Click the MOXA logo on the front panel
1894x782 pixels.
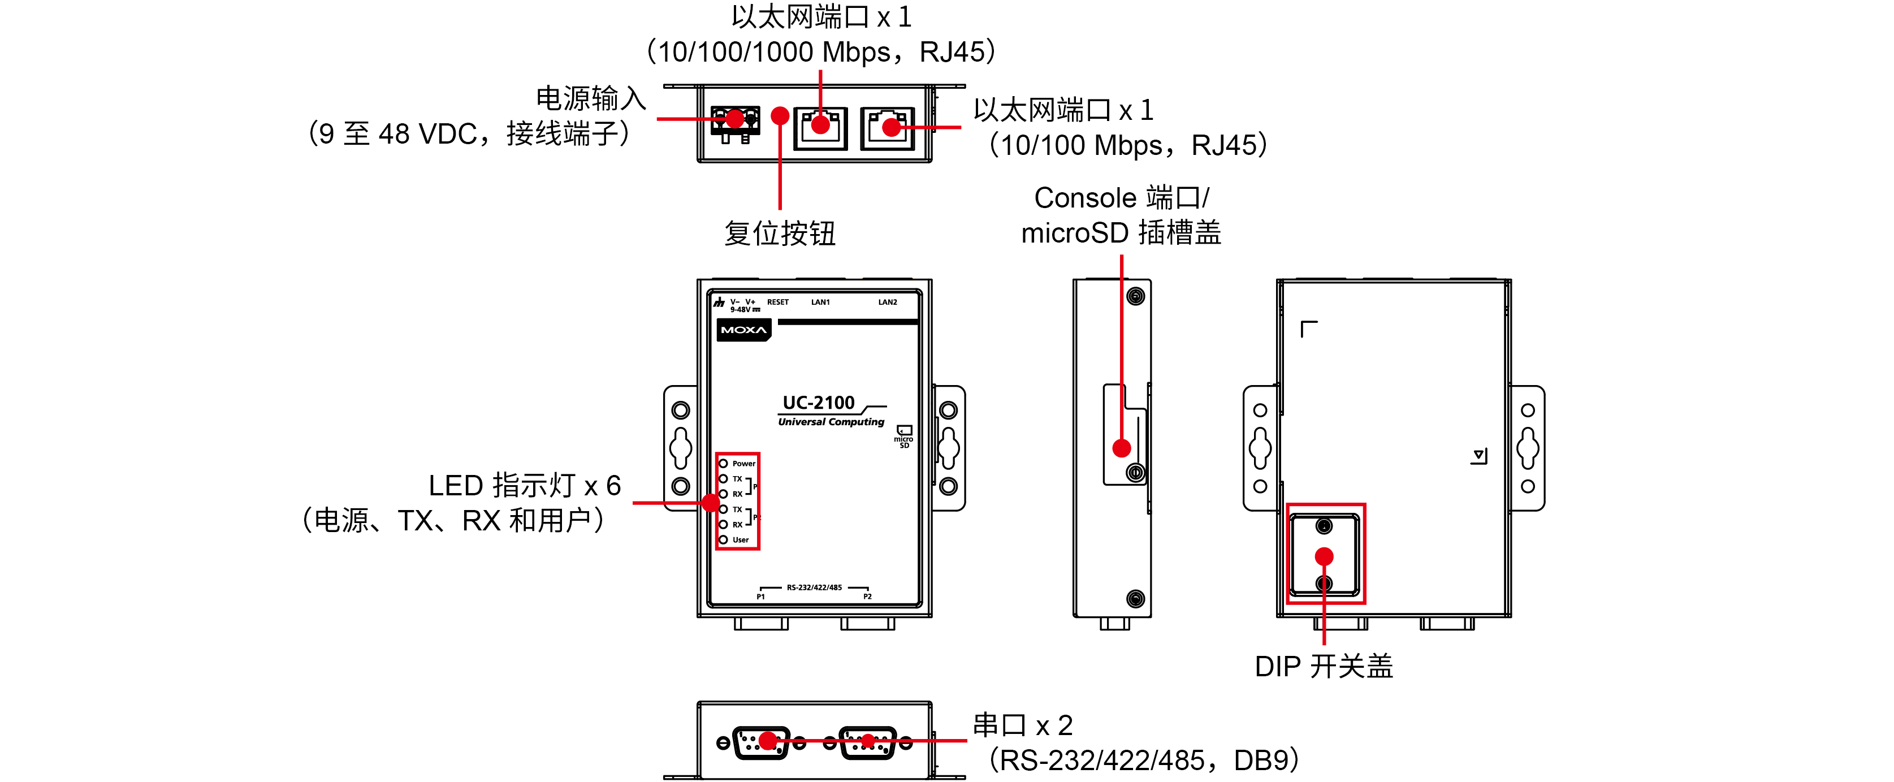click(743, 330)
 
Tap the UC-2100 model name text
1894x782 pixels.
click(818, 403)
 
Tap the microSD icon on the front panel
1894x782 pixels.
click(903, 435)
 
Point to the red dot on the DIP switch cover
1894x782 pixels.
click(1324, 556)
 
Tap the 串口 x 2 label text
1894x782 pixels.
click(1022, 726)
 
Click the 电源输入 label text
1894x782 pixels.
click(590, 98)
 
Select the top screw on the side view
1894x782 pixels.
click(1135, 296)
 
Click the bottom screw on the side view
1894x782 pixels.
click(1135, 599)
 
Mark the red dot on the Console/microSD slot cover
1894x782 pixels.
click(1121, 448)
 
